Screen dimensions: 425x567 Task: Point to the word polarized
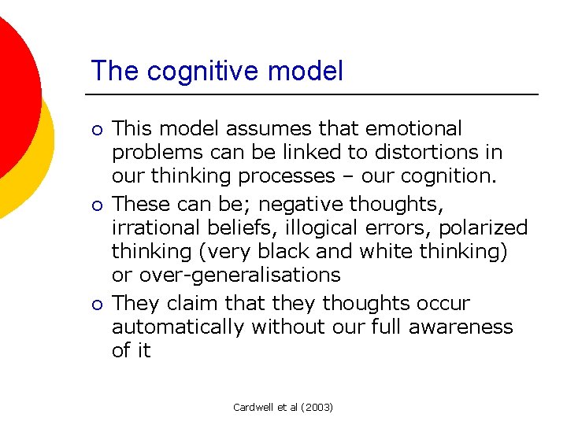click(x=484, y=227)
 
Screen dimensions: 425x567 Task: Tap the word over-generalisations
click(x=239, y=275)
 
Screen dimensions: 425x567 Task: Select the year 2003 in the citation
click(x=318, y=407)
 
